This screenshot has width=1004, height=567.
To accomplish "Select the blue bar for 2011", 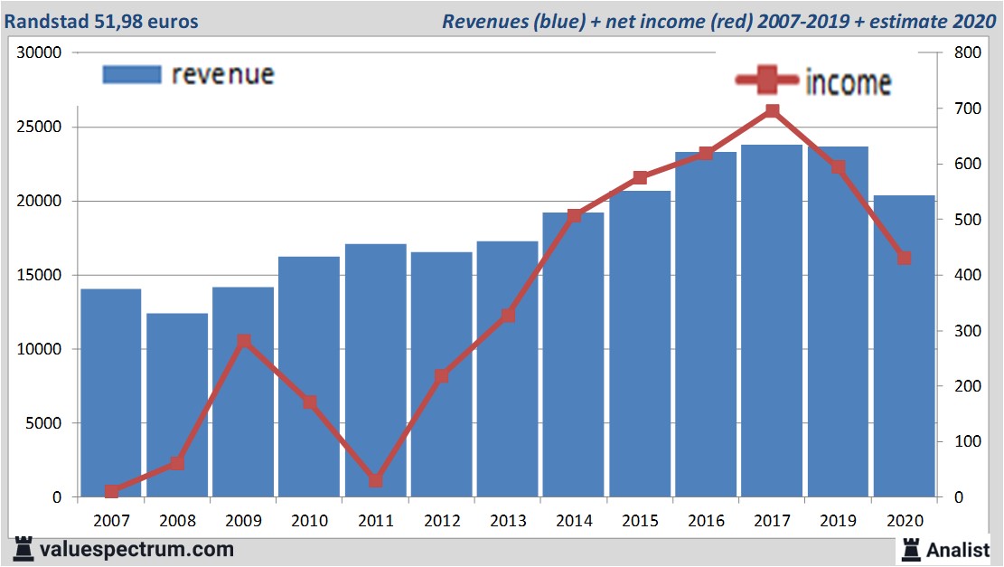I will tap(376, 370).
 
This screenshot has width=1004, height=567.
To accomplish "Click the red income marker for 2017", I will tap(773, 111).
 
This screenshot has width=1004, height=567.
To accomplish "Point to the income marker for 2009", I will tap(243, 342).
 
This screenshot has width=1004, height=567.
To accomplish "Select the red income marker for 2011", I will tap(376, 481).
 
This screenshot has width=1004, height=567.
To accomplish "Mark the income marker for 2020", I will tap(904, 259).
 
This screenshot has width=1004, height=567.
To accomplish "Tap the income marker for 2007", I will tap(111, 491).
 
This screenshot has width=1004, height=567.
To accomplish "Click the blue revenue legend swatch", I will tap(132, 74).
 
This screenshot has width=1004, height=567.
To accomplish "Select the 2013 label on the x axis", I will tap(508, 521).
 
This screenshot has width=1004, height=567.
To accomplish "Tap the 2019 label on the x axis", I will tap(838, 521).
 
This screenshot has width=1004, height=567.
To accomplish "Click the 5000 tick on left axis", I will tap(45, 423).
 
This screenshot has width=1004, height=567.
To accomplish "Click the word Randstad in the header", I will tap(45, 21).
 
